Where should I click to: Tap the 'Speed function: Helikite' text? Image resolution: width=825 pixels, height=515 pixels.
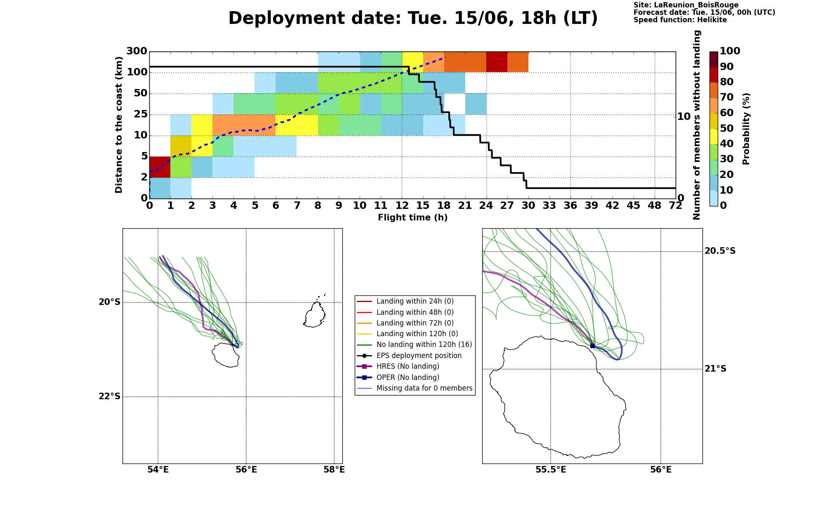pyautogui.click(x=680, y=20)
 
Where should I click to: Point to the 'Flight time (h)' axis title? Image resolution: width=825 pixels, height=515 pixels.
pyautogui.click(x=412, y=218)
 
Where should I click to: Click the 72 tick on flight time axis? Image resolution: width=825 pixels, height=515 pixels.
pyautogui.click(x=676, y=205)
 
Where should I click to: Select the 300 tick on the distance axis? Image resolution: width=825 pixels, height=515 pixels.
pyautogui.click(x=137, y=51)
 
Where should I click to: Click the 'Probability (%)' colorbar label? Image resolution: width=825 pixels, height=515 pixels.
pyautogui.click(x=746, y=129)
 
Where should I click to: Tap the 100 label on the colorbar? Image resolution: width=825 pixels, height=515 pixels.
pyautogui.click(x=730, y=51)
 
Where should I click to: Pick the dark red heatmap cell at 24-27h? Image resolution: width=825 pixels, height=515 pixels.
pyautogui.click(x=497, y=62)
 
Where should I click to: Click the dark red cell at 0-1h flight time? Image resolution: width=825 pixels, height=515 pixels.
pyautogui.click(x=160, y=167)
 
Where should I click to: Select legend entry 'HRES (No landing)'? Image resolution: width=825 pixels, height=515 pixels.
pyautogui.click(x=408, y=367)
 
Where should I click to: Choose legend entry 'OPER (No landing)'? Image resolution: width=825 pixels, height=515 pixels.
pyautogui.click(x=408, y=377)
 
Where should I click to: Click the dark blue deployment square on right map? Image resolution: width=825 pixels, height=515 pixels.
pyautogui.click(x=592, y=346)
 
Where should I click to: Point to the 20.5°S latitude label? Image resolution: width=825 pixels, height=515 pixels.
pyautogui.click(x=720, y=251)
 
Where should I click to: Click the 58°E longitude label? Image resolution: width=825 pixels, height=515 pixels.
pyautogui.click(x=334, y=470)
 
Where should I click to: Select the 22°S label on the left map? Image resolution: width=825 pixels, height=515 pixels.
pyautogui.click(x=110, y=396)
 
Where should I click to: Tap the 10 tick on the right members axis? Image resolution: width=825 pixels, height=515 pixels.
pyautogui.click(x=684, y=117)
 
